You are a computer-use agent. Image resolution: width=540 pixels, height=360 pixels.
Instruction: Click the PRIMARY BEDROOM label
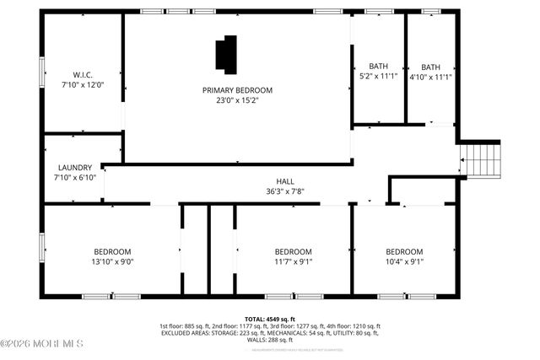point(236,89)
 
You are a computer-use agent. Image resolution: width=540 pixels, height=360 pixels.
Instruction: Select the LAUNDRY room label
point(74,167)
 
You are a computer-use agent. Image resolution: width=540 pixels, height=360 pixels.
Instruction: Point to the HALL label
point(285,181)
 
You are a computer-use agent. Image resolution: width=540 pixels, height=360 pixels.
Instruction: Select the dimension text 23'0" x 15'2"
point(236,100)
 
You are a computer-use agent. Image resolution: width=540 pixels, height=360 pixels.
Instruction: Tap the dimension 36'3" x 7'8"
point(285,191)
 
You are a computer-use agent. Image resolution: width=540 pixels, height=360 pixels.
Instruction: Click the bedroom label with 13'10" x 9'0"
point(112,251)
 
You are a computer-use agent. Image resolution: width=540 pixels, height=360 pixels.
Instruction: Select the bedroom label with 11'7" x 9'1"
point(294,251)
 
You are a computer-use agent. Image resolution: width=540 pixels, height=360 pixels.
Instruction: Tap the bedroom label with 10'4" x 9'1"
point(404,251)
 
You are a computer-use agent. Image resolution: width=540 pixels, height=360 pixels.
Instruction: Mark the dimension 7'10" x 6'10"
point(74,177)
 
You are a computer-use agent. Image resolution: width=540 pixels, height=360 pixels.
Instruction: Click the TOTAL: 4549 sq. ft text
point(270,319)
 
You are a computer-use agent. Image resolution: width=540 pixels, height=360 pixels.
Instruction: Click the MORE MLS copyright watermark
point(42,343)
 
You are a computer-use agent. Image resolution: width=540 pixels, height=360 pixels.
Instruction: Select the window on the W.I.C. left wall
point(42,72)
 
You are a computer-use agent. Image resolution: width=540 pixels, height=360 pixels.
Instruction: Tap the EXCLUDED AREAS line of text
point(270,333)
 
